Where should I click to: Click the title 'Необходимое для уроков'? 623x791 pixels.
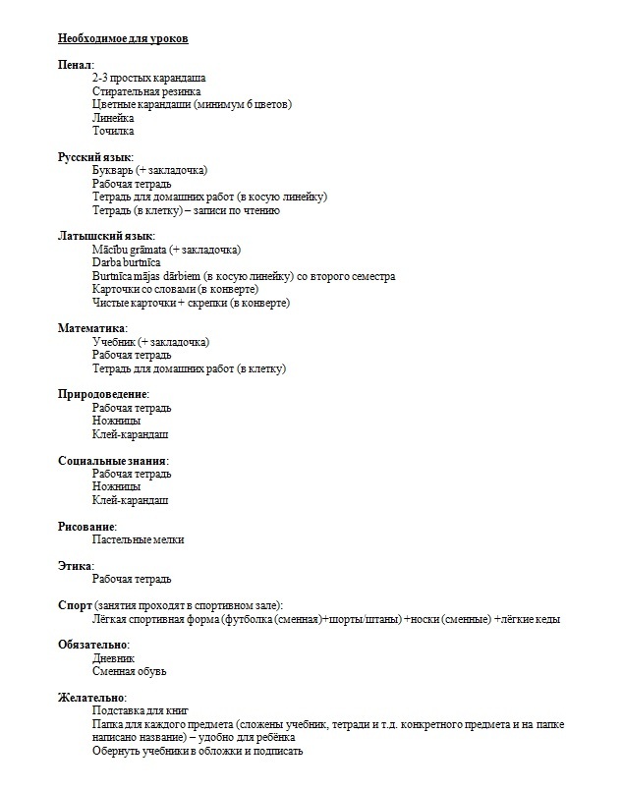(x=123, y=38)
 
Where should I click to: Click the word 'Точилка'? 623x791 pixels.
(x=113, y=131)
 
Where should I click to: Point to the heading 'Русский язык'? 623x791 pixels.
(x=95, y=157)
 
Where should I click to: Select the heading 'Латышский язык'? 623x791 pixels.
(x=105, y=237)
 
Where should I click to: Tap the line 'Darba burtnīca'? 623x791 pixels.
(x=126, y=263)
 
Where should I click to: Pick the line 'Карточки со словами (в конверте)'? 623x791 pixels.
(x=175, y=290)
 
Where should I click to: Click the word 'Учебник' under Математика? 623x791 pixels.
(x=113, y=342)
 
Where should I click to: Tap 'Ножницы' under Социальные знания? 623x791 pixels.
(x=116, y=486)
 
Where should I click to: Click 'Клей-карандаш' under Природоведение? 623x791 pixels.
(x=130, y=434)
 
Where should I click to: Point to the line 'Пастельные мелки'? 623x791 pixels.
(x=138, y=539)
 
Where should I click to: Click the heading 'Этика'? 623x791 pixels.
(x=76, y=566)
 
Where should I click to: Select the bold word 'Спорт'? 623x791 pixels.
(x=75, y=605)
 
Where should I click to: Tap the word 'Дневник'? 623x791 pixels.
(x=113, y=658)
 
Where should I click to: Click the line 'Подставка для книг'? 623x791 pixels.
(x=140, y=710)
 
